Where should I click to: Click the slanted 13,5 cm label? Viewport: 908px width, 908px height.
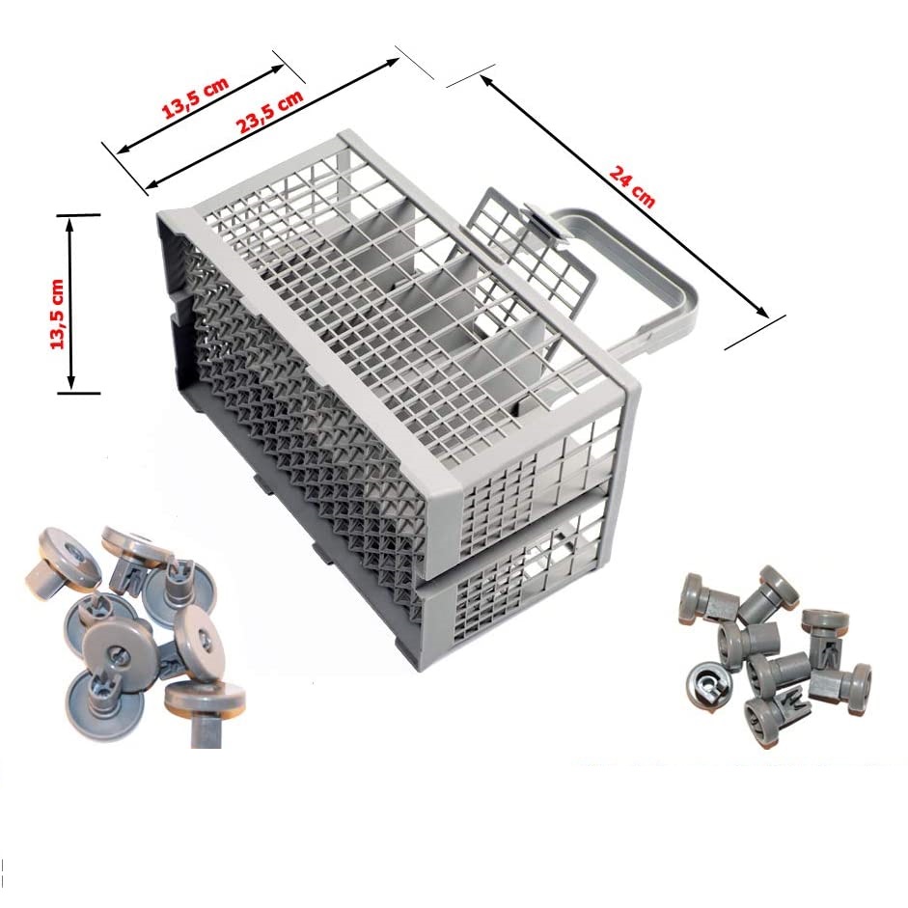tap(195, 97)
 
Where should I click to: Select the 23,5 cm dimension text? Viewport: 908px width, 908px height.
tap(269, 112)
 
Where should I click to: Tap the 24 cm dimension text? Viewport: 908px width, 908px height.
tap(632, 186)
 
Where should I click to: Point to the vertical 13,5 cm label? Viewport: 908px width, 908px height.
tap(57, 314)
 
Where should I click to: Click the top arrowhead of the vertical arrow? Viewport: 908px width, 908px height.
tap(70, 224)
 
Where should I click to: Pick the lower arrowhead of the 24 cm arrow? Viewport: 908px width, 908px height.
tap(761, 312)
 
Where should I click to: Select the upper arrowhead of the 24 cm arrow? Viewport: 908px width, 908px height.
tap(486, 80)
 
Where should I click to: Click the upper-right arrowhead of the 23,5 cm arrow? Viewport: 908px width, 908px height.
tap(391, 62)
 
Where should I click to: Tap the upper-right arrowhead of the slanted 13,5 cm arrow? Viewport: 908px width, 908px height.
tap(276, 69)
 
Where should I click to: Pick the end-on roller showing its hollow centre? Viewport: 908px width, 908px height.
tap(710, 684)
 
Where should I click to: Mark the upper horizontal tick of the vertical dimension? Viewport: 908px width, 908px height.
tap(79, 215)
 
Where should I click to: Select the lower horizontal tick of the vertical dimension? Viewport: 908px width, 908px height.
tap(79, 393)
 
